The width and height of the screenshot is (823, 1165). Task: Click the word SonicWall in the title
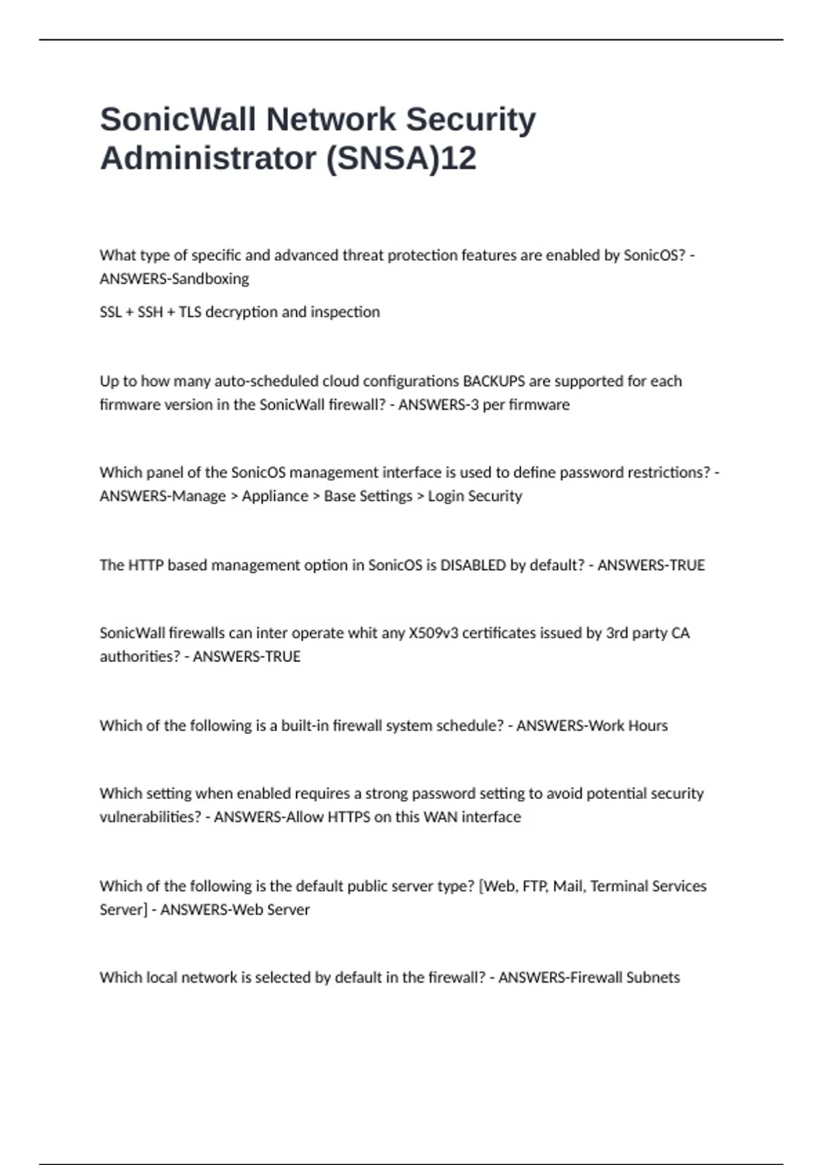[x=178, y=119]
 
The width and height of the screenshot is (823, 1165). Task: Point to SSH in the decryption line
[x=150, y=312]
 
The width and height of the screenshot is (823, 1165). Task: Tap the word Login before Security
[x=446, y=496]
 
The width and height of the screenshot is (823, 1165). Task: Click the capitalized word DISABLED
[x=473, y=565]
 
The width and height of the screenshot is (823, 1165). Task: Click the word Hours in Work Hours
[x=647, y=726]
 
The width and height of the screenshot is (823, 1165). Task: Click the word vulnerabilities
[x=150, y=818]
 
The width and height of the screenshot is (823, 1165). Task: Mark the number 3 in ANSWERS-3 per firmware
[x=474, y=405]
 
